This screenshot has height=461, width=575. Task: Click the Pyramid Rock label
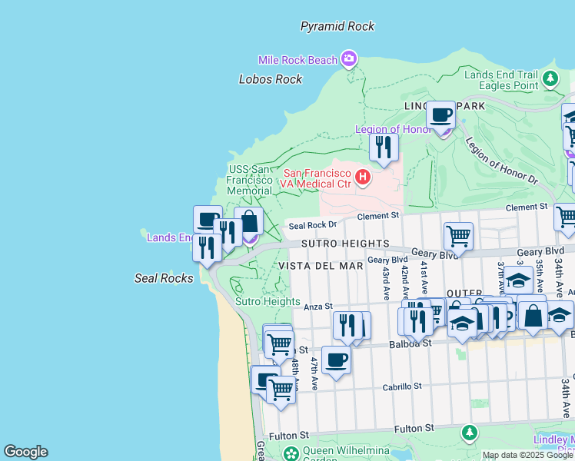coord(337,26)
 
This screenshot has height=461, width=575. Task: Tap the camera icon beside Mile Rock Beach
coord(350,58)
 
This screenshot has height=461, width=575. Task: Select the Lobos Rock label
coord(271,79)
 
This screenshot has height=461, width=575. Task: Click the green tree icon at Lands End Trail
coord(550,78)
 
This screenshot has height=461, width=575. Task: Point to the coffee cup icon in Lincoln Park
coord(441,115)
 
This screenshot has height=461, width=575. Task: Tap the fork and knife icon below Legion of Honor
coord(384,147)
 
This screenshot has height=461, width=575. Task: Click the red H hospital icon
coord(361,178)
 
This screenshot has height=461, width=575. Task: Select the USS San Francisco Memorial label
coord(250,180)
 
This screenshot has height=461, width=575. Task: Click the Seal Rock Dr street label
coord(312,225)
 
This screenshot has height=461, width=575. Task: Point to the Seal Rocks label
coord(164,278)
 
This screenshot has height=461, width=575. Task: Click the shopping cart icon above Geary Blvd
coord(458,235)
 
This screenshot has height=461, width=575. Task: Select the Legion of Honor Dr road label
coord(501,161)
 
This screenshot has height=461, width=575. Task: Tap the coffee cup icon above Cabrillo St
coord(336,360)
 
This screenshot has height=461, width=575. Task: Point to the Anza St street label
coord(317,307)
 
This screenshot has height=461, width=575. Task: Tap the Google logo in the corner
coord(25,452)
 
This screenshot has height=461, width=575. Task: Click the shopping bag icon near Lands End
coord(249,221)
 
